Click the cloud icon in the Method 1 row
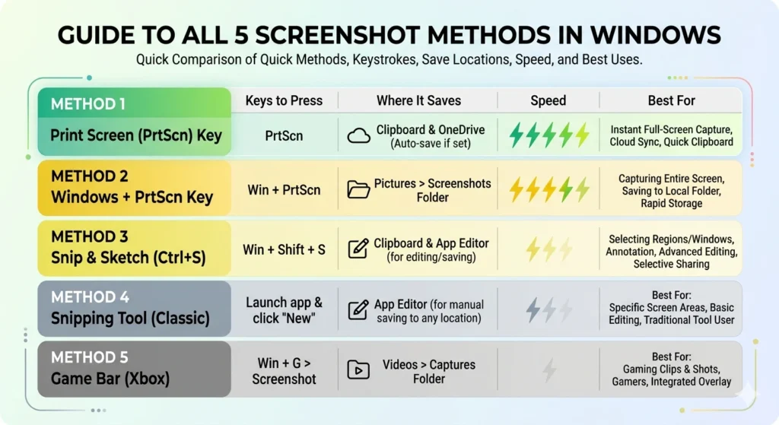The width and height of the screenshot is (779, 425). [x=358, y=135]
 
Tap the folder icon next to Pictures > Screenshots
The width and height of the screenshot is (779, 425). [x=358, y=189]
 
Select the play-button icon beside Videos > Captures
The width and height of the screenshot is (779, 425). [x=357, y=370]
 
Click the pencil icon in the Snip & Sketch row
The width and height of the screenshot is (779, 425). [x=358, y=249]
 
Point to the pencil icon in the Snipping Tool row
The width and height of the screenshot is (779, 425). [x=358, y=309]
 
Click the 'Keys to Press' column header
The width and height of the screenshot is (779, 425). [x=284, y=100]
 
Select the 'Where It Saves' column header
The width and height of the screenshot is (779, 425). [x=418, y=100]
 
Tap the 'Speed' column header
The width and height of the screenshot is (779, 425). [x=548, y=100]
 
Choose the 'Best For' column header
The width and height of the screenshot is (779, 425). [x=671, y=100]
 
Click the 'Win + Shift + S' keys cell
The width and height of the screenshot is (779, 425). [x=284, y=249]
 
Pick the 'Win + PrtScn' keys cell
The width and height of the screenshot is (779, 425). [x=284, y=189]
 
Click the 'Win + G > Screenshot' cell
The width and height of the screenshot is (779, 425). [x=284, y=370]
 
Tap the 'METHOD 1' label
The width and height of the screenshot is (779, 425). [x=88, y=103]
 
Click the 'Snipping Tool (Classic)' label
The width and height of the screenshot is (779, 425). [x=130, y=318]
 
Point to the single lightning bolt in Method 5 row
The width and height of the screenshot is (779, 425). [x=548, y=370]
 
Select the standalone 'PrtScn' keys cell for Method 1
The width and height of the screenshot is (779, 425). [x=284, y=136]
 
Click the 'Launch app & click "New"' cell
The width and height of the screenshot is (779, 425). [x=284, y=309]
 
